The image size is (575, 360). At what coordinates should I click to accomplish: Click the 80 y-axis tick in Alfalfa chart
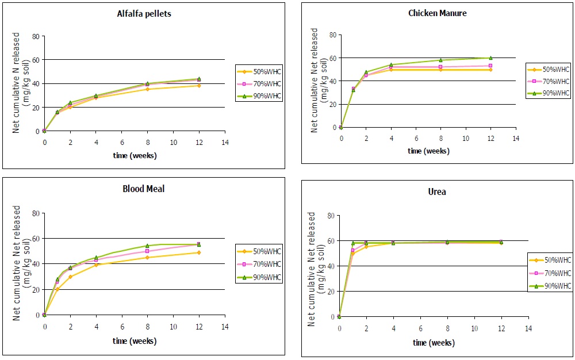36,36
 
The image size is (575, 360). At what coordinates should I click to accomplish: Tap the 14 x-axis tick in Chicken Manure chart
515,139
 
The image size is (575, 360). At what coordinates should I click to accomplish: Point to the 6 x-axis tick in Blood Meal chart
122,326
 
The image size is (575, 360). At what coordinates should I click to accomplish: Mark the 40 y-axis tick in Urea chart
329,266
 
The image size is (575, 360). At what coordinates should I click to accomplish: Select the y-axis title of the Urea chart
316,269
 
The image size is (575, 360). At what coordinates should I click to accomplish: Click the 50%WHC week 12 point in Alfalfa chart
199,86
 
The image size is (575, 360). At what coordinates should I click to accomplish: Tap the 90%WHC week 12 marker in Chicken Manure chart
490,58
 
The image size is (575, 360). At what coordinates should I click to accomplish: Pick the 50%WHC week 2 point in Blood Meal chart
70,277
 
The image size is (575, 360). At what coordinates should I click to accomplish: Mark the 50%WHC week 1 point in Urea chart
352,254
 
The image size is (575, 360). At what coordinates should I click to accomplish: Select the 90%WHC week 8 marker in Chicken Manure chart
440,60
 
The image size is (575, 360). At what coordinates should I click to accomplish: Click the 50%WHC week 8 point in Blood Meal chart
147,257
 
